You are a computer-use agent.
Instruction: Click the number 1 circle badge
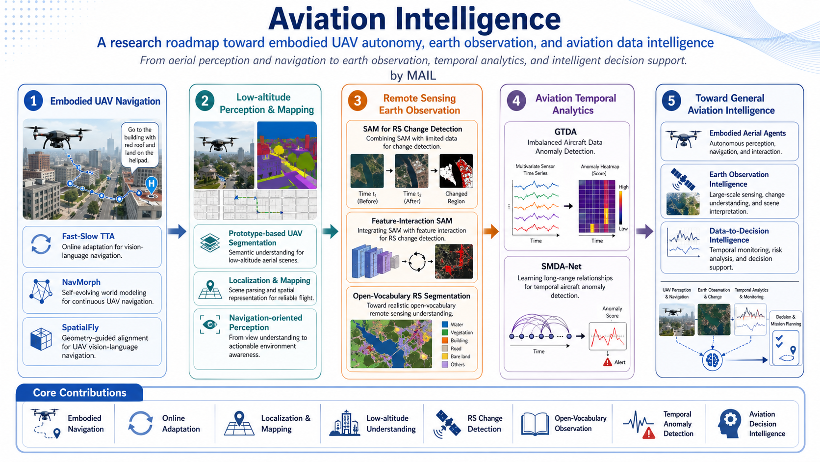33,101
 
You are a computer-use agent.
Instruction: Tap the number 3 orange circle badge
358,101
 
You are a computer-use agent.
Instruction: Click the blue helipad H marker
152,184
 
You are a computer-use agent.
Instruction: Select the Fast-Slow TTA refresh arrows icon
41,244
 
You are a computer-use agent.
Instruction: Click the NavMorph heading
81,282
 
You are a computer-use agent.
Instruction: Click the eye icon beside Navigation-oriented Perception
210,325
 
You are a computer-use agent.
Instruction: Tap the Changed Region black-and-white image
456,171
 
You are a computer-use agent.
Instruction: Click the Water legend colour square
445,325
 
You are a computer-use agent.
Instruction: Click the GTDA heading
565,132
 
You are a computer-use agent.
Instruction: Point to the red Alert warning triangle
608,362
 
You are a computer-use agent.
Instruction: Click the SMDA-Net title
561,266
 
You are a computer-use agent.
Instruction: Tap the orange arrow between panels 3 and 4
491,231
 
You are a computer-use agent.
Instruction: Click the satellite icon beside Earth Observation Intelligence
683,180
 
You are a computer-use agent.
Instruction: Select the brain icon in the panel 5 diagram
712,360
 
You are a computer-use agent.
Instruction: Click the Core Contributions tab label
79,393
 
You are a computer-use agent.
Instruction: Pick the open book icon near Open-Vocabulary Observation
535,424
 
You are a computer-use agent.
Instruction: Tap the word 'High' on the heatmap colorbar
623,187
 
